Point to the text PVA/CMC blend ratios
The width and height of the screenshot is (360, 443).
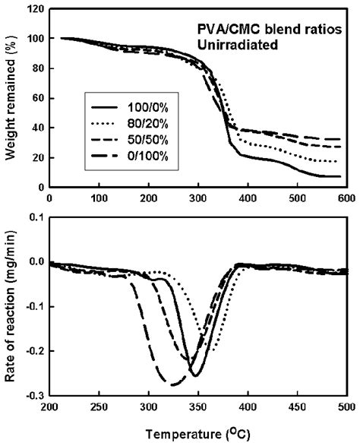250,31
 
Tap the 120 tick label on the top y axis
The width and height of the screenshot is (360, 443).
33,8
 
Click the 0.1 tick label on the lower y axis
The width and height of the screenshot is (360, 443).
34,217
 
